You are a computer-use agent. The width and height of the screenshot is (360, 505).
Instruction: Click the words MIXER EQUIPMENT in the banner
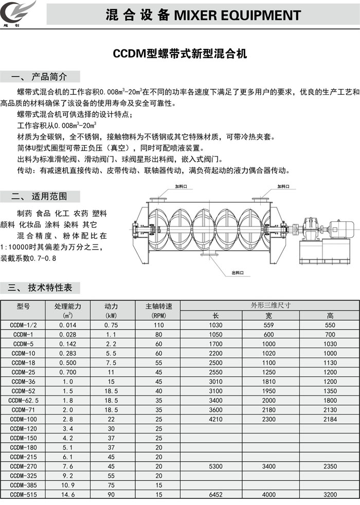pos(238,15)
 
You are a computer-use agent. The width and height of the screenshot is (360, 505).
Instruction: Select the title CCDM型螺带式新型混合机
pos(180,54)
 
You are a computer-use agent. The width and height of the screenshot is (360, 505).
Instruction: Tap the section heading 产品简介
pos(49,77)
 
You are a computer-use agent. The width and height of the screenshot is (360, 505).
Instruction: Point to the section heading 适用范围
pos(49,196)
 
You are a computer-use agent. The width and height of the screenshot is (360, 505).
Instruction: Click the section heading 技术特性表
pos(50,288)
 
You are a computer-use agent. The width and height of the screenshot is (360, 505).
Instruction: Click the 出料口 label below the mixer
pos(238,273)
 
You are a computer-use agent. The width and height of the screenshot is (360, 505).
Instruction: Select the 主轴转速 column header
pos(158,306)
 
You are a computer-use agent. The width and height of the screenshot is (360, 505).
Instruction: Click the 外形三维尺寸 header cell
pos(270,305)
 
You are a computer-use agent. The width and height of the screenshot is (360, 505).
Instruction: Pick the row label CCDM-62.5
pos(23,400)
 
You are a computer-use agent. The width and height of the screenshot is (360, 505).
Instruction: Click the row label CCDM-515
pos(23,494)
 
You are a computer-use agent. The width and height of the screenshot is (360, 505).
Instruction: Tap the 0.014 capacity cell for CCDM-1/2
pos(67,325)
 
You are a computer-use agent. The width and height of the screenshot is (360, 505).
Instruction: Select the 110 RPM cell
pos(158,325)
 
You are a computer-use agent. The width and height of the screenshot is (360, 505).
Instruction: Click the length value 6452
pos(215,494)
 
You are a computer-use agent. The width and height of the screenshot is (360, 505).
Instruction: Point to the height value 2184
pos(330,419)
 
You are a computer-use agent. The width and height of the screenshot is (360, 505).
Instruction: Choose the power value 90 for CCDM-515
pos(111,494)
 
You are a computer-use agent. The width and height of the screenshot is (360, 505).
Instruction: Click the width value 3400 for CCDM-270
pos(268,466)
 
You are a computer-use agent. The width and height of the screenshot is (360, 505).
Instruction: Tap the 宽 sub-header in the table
pos(268,316)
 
